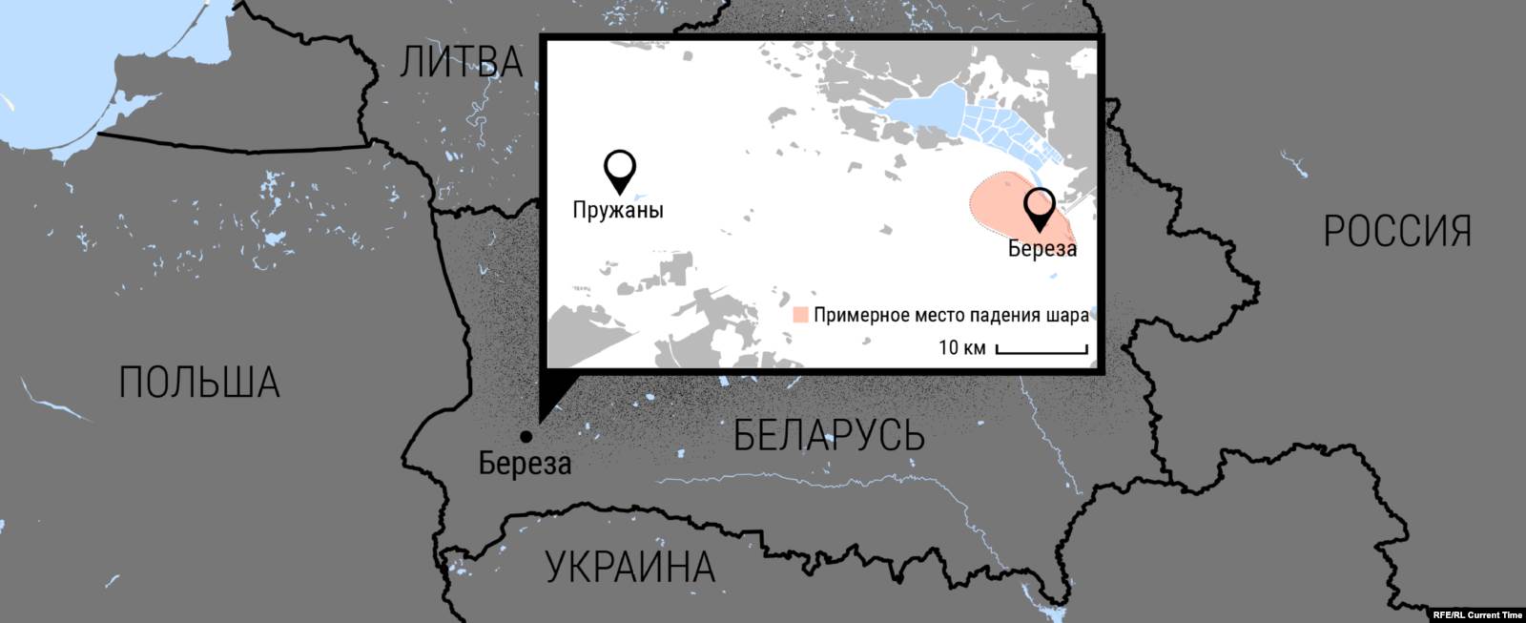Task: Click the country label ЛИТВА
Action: (x=462, y=62)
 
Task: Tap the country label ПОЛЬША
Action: (x=199, y=383)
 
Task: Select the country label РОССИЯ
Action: (x=1397, y=232)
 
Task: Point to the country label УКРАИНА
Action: (x=630, y=567)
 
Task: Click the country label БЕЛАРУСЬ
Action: (x=829, y=436)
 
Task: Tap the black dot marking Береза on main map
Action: (x=526, y=437)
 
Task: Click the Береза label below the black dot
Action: (x=525, y=464)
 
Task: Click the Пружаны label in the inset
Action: (x=618, y=210)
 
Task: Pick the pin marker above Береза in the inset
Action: (x=1039, y=207)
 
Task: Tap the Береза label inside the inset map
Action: (x=1042, y=249)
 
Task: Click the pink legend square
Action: (x=801, y=315)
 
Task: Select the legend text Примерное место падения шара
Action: (x=951, y=316)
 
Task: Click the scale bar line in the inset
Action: (x=1041, y=352)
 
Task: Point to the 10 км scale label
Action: (x=961, y=346)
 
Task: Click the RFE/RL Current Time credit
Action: (x=1477, y=615)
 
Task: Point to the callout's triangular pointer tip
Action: (x=540, y=420)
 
